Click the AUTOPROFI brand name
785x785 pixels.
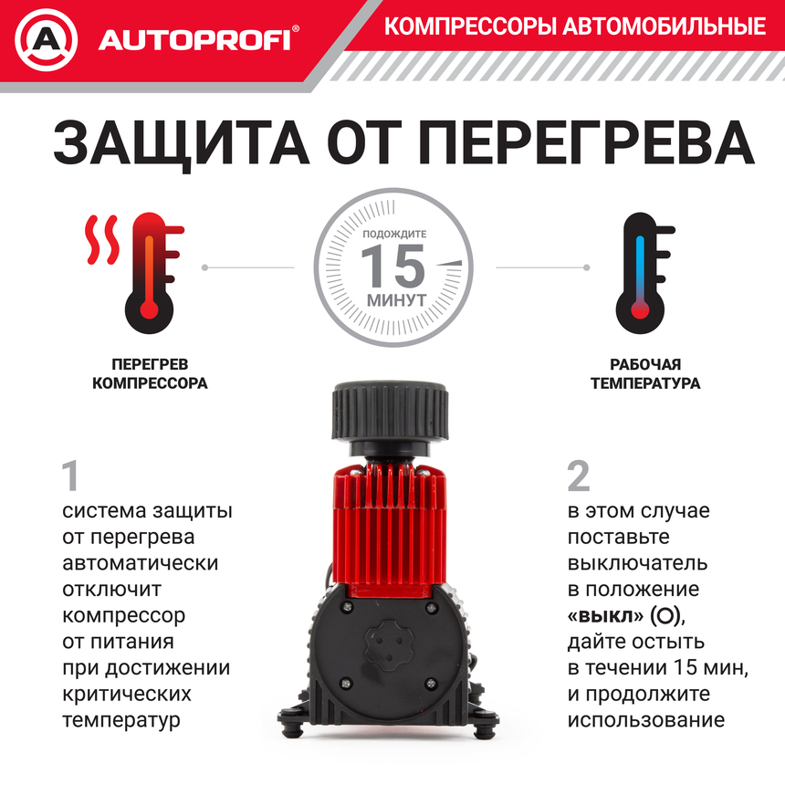pos(194,40)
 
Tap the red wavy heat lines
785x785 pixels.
pos(101,240)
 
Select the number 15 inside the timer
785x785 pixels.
pos(392,267)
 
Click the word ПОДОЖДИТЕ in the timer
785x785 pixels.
pos(394,235)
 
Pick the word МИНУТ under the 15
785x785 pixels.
pos(395,298)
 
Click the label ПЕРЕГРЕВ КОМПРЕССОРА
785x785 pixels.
pos(150,373)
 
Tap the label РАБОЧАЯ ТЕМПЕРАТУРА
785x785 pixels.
pos(644,373)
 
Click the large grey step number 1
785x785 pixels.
pos(72,476)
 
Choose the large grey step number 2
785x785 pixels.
pos(579,476)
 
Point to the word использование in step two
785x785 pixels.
pos(645,719)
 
